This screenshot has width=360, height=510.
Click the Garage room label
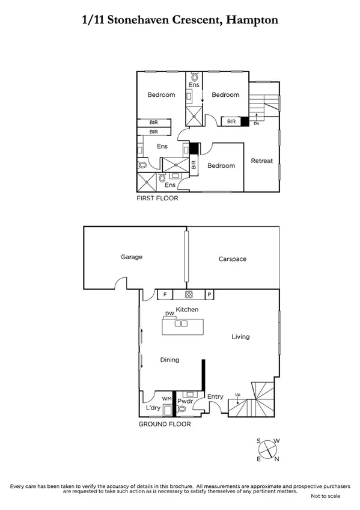131,257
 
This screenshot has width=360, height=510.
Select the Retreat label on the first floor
261,161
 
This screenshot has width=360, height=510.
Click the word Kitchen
187,309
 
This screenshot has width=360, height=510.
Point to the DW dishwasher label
170,314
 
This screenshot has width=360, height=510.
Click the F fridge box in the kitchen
164,295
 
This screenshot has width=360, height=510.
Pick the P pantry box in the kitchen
209,295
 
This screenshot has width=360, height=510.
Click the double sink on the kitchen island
180,324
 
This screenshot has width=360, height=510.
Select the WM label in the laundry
167,398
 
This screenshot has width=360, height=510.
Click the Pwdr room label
184,398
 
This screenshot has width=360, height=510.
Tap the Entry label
215,396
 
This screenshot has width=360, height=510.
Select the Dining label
169,360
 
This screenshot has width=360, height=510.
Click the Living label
240,337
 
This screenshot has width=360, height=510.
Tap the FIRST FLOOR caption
157,198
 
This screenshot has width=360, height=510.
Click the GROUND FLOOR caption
165,424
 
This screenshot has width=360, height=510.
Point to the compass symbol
268,449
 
